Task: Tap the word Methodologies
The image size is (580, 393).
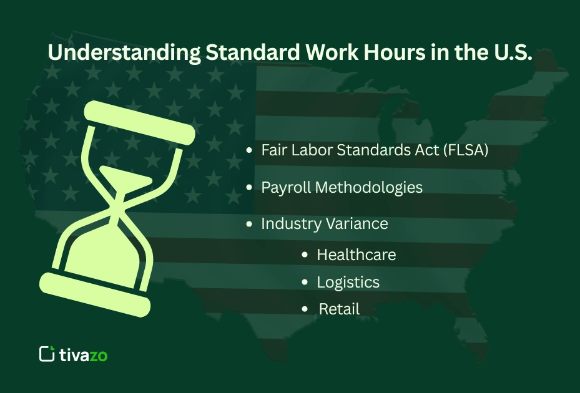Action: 369,187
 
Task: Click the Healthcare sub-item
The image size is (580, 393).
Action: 356,255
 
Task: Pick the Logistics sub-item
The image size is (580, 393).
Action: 348,282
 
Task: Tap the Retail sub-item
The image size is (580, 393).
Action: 339,308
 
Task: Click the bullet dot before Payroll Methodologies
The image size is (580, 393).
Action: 250,188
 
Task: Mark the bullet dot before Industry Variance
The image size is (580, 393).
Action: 250,224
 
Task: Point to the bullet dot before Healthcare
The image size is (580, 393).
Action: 305,255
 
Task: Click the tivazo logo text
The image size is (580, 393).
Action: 83,355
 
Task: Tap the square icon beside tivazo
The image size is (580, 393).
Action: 47,354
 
